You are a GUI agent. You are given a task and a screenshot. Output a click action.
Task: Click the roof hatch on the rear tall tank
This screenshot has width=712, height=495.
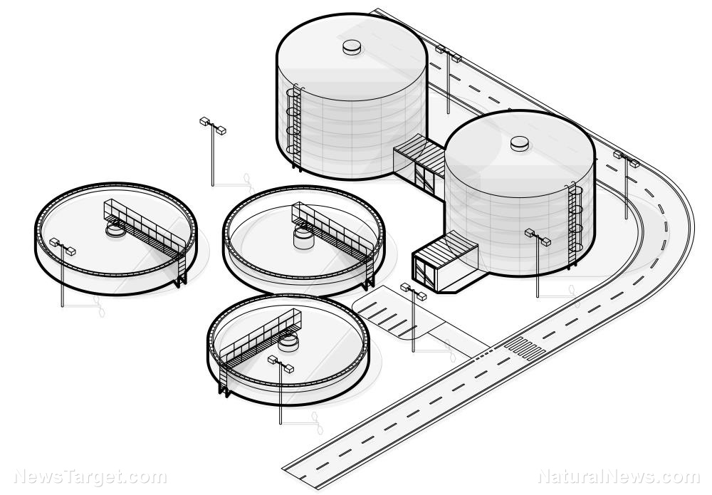tap(352, 48)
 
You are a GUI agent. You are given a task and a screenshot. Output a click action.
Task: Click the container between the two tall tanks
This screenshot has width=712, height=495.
tap(419, 165)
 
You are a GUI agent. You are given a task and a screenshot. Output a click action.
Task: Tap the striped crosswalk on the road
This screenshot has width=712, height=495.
tap(523, 348)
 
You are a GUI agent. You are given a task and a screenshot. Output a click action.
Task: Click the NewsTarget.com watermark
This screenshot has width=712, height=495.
tap(90, 476)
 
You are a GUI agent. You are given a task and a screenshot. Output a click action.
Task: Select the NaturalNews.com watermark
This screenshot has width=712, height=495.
tap(619, 476)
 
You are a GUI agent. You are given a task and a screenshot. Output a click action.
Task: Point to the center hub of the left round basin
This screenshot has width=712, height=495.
tap(114, 230)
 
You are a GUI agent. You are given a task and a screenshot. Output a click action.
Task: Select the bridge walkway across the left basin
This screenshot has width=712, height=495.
tap(146, 228)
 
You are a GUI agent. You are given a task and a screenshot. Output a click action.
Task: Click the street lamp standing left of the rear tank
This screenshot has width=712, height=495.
tap(212, 150)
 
